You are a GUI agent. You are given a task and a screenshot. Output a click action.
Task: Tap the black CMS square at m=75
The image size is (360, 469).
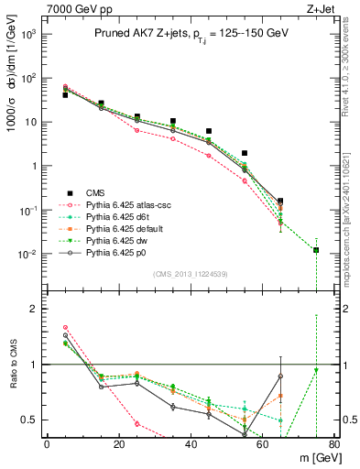tap(316, 250)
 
